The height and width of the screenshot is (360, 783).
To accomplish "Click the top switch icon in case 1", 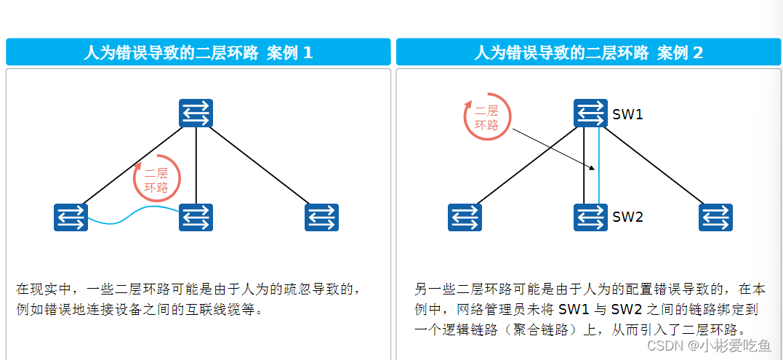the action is click(x=196, y=113).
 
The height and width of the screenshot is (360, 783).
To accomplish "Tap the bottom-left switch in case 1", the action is click(x=71, y=217).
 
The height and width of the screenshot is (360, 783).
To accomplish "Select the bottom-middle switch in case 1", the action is click(x=196, y=217).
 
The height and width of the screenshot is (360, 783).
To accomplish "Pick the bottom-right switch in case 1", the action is click(x=321, y=217).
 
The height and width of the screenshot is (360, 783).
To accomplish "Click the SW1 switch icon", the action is click(x=590, y=113).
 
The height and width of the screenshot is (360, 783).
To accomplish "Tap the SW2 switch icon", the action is click(x=590, y=217).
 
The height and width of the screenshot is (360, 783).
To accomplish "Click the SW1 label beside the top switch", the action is click(x=627, y=114).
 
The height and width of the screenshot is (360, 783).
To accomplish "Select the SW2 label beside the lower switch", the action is click(x=627, y=217).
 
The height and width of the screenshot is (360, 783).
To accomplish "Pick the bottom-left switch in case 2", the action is click(x=465, y=217).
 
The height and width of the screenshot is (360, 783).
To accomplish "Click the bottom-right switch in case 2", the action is click(x=715, y=217).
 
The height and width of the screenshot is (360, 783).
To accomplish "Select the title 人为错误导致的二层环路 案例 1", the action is click(x=198, y=52).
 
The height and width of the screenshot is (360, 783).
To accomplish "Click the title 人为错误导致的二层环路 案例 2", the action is click(x=588, y=52).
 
